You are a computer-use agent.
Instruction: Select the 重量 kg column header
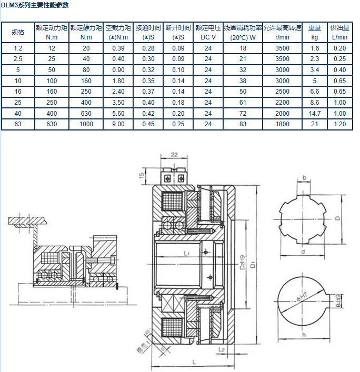click(x=315, y=33)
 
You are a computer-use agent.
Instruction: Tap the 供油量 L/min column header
click(x=339, y=33)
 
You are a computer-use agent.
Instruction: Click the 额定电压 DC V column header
click(x=208, y=33)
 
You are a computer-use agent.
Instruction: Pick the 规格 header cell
click(x=18, y=33)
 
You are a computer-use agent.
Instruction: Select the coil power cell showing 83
click(x=243, y=124)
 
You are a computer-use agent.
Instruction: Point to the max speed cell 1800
click(x=282, y=124)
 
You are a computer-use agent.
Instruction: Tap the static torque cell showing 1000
click(x=86, y=124)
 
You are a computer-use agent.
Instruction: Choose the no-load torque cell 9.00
click(x=118, y=124)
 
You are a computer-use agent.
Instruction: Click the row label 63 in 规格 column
click(x=18, y=124)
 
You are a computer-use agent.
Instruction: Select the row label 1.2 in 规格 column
click(x=18, y=48)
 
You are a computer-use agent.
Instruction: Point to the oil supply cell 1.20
click(x=339, y=124)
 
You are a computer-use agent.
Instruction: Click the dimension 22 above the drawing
click(x=174, y=155)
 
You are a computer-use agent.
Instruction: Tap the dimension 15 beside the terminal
click(x=142, y=175)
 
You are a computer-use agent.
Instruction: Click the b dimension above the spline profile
click(x=305, y=179)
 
